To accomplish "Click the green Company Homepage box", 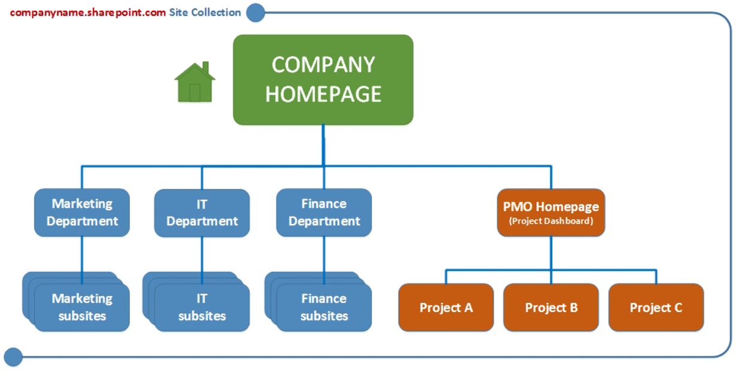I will pyautogui.click(x=323, y=80).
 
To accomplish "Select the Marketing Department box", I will pyautogui.click(x=82, y=213).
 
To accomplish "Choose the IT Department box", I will pyautogui.click(x=202, y=213).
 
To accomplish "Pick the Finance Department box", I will pyautogui.click(x=324, y=213).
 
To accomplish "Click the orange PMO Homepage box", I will pyautogui.click(x=551, y=212).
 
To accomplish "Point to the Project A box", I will pyautogui.click(x=446, y=307).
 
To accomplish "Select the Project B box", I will pyautogui.click(x=551, y=307).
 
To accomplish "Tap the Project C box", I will pyautogui.click(x=656, y=307).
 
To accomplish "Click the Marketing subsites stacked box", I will pyautogui.click(x=82, y=307).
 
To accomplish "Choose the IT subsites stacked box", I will pyautogui.click(x=202, y=307).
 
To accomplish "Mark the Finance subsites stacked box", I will pyautogui.click(x=324, y=307).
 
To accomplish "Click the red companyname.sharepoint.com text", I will pyautogui.click(x=88, y=12).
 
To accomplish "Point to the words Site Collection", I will pyautogui.click(x=205, y=12).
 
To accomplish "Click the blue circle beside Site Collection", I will pyautogui.click(x=256, y=13).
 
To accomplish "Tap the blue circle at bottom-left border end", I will pyautogui.click(x=13, y=357).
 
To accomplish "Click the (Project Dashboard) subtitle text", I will pyautogui.click(x=551, y=221).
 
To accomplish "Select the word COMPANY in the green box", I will pyautogui.click(x=323, y=65).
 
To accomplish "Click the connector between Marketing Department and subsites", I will pyautogui.click(x=82, y=255).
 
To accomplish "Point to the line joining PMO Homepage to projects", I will pyautogui.click(x=551, y=270).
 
